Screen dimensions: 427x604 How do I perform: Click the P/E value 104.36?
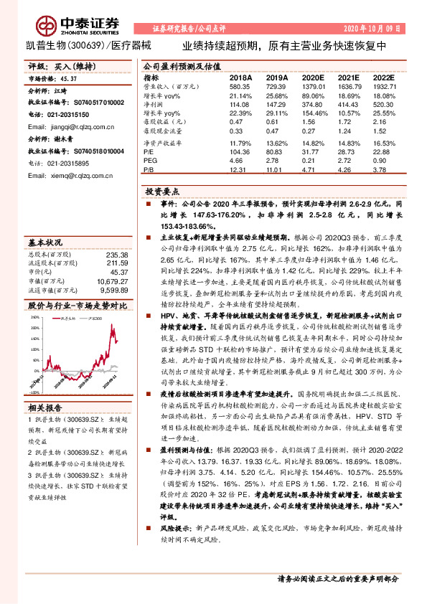(240, 153)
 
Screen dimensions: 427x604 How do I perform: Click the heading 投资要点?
(161, 194)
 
